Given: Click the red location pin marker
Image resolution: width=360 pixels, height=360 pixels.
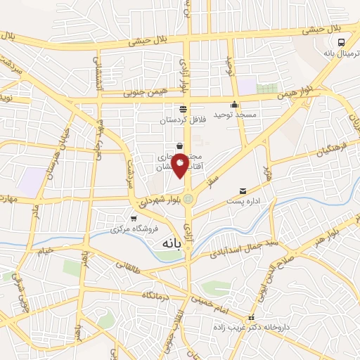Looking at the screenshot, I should [x=180, y=165].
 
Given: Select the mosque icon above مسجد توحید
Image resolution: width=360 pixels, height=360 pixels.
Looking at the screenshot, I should [x=235, y=105].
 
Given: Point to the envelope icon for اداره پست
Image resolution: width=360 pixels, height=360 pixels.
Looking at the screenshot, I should [x=243, y=191].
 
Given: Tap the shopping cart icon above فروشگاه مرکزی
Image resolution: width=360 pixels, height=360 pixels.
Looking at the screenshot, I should [x=134, y=219].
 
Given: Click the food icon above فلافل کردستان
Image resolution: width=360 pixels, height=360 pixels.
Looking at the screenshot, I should [x=183, y=108].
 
